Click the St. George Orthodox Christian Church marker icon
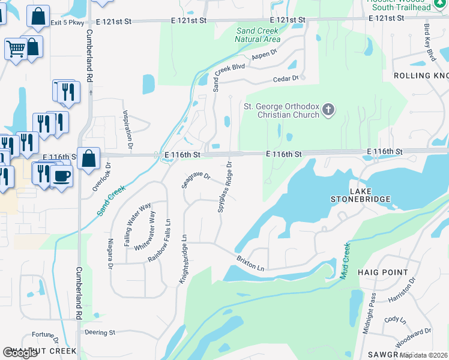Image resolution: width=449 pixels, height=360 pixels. [x=328, y=110]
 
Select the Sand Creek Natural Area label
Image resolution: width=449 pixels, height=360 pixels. [x=258, y=35]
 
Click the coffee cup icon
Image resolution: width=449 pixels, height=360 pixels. [x=61, y=176]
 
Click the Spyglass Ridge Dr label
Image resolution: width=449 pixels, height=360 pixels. [x=224, y=187]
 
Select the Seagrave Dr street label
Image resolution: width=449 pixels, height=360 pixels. [x=196, y=180]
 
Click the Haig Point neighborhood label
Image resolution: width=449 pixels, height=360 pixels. [x=382, y=272]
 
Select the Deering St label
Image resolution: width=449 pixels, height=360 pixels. [x=100, y=332]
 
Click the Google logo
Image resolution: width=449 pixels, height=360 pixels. [x=20, y=353]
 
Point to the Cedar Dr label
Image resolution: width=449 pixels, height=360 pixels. [x=286, y=78]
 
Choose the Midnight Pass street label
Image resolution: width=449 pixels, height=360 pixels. [x=369, y=313]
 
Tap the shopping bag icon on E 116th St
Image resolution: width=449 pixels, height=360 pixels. [x=88, y=158]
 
